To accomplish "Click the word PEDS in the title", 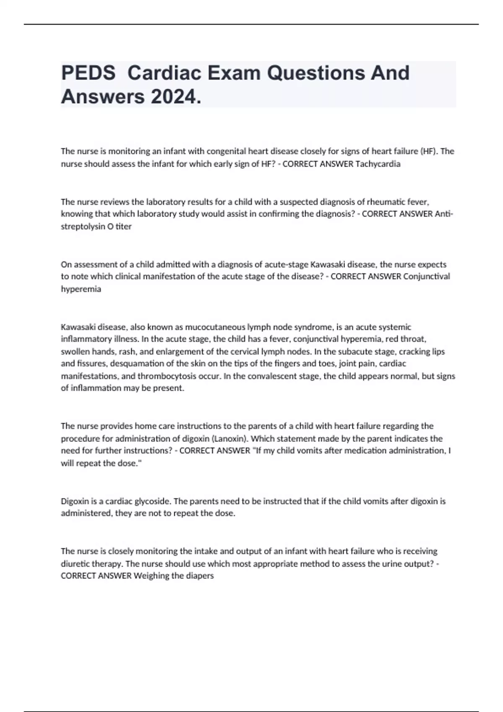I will (x=88, y=73).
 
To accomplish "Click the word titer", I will (x=123, y=227).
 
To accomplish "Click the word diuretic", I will (x=75, y=564).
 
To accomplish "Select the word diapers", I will (x=201, y=576).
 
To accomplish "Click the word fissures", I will (x=92, y=364).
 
